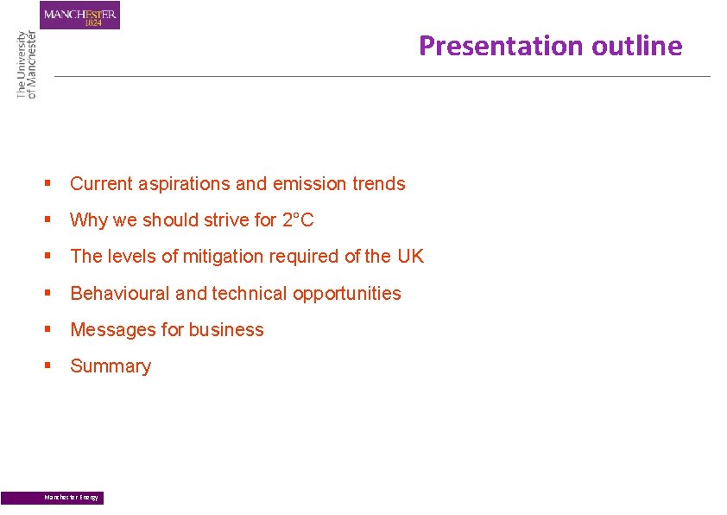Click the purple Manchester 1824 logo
79,15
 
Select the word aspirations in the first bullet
179,184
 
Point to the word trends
378,184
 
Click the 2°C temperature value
298,220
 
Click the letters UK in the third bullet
410,257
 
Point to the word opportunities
347,294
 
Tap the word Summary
111,366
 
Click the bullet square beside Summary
49,366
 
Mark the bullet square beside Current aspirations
49,183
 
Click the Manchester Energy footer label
72,498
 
